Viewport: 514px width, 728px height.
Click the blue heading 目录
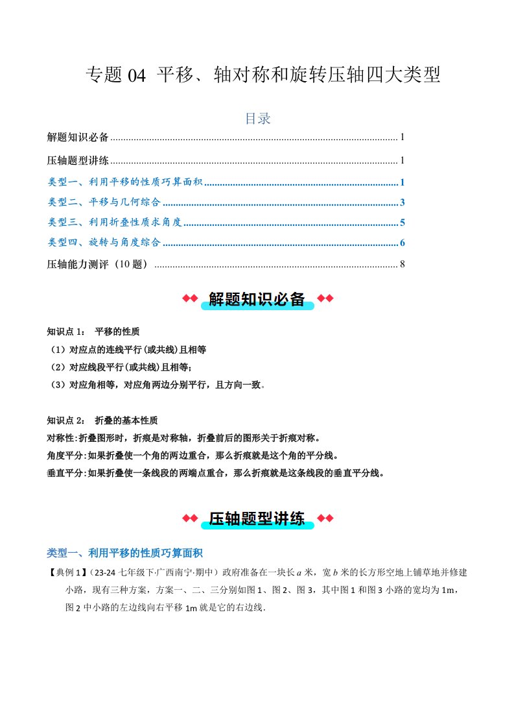[257, 119]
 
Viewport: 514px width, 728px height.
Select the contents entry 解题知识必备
[78, 138]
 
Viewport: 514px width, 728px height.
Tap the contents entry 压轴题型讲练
[78, 160]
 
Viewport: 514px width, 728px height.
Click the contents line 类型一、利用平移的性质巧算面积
[126, 182]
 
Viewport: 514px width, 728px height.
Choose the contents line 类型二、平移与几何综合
[104, 202]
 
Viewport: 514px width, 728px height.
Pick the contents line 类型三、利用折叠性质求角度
[115, 223]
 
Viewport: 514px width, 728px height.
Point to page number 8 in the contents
[403, 264]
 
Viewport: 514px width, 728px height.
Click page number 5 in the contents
[403, 223]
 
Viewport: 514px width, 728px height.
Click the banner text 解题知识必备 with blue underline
[257, 299]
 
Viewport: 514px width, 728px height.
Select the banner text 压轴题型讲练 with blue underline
[257, 518]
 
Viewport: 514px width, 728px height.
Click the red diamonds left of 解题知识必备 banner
[189, 298]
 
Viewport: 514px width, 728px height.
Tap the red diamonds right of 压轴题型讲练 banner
[325, 518]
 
